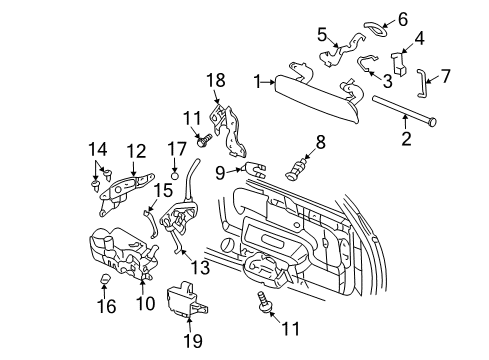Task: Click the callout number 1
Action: coord(257,80)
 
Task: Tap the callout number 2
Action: coord(405,139)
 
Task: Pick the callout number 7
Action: coord(446,75)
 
